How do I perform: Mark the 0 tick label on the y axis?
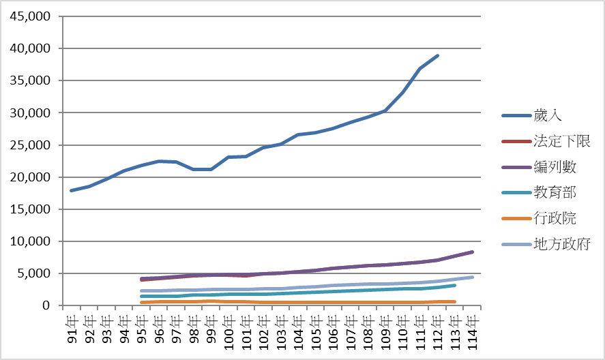coord(46,305)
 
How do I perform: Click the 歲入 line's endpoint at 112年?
coord(438,55)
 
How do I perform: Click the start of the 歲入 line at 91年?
coord(71,190)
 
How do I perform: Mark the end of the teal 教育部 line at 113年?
coord(455,285)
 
